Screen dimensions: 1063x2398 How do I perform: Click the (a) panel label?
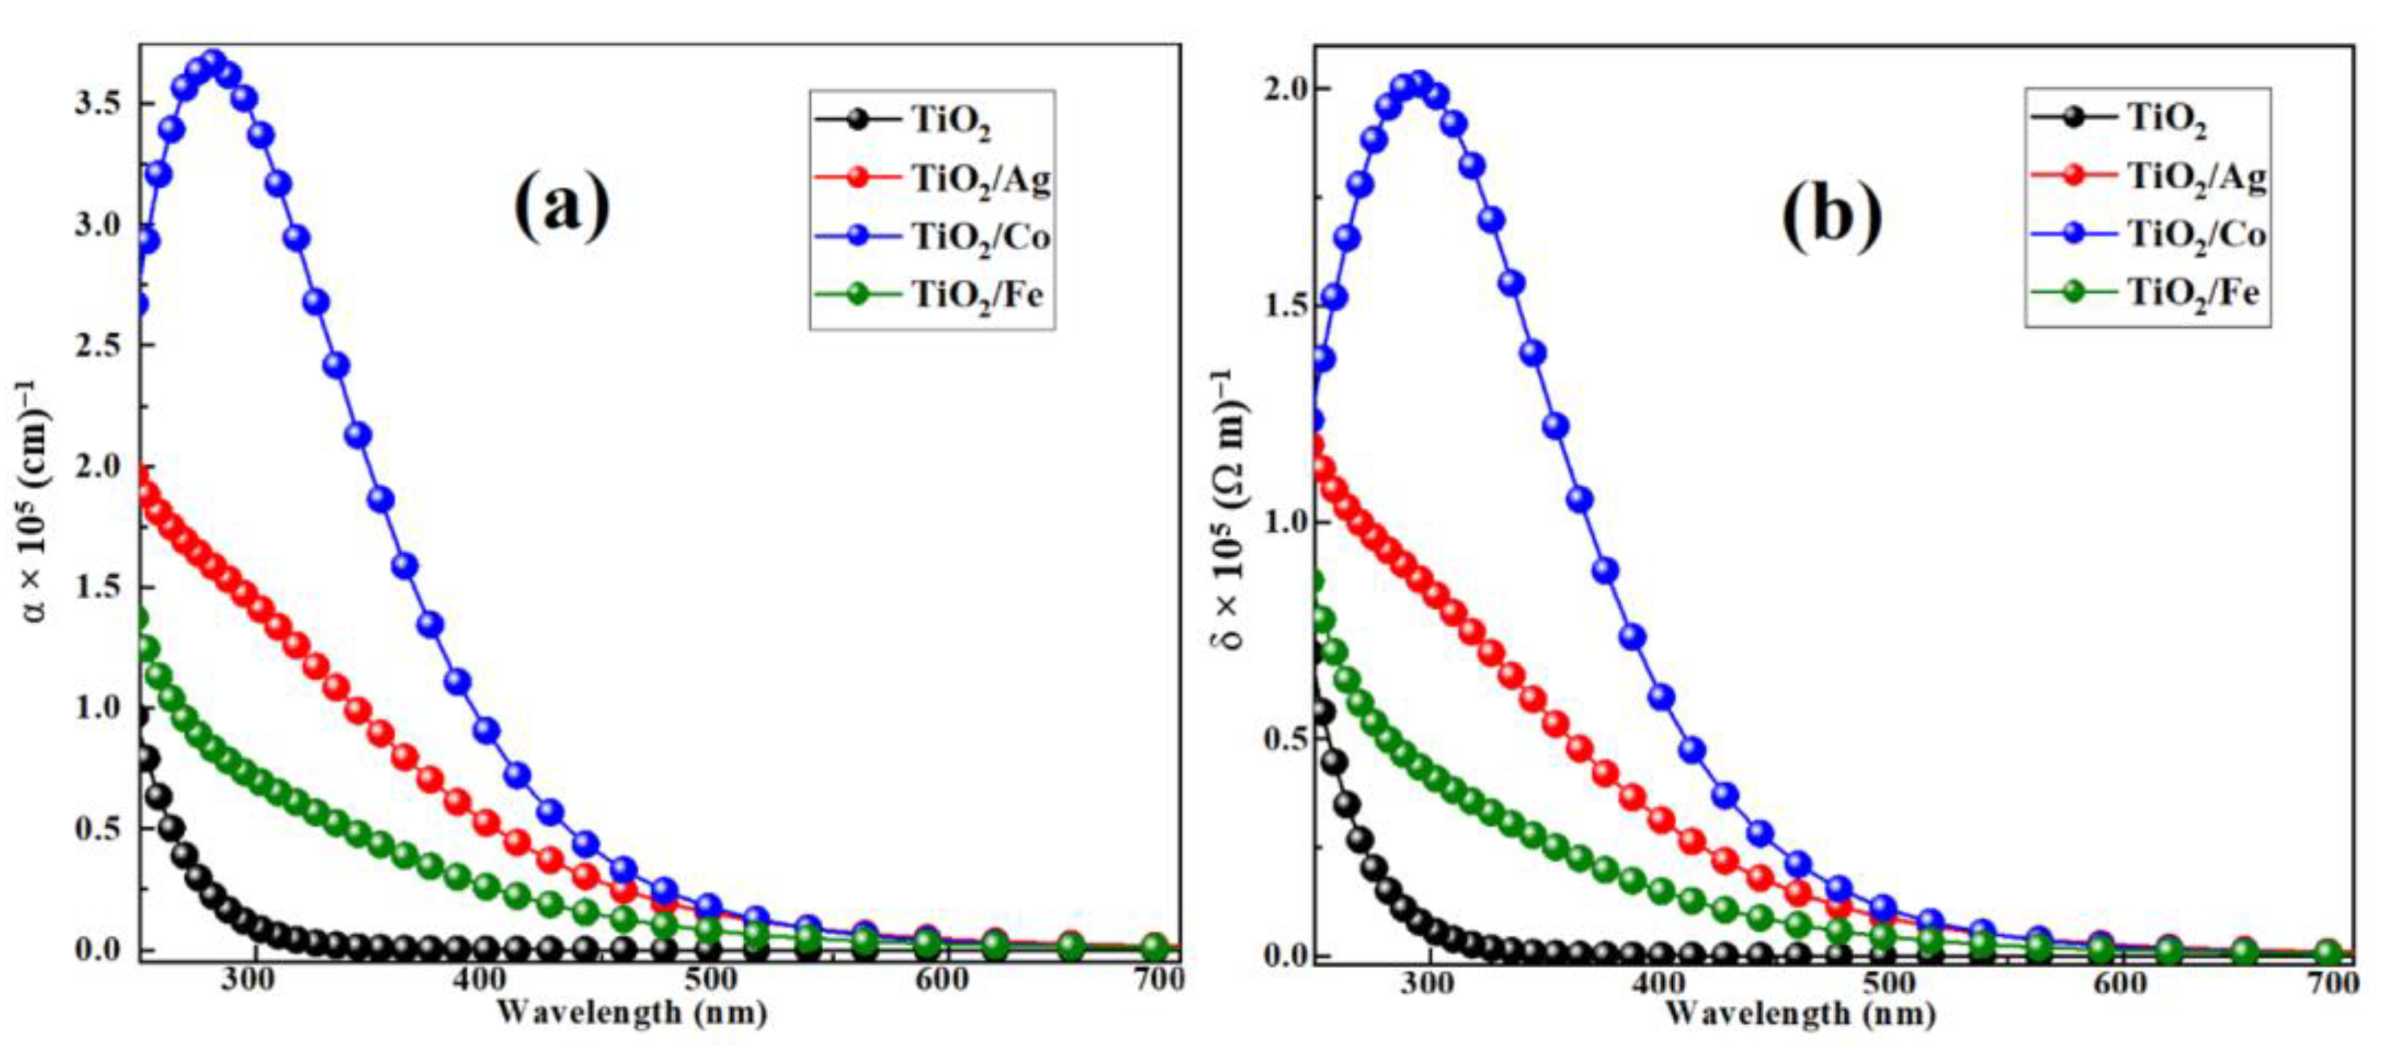pyautogui.click(x=562, y=207)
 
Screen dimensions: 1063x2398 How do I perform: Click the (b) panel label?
pyautogui.click(x=1831, y=216)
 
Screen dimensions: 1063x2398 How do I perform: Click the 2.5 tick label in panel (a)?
pyautogui.click(x=99, y=346)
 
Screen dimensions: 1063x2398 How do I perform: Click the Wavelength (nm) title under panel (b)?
pyautogui.click(x=1801, y=1013)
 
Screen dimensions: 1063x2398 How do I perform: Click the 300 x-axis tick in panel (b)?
pyautogui.click(x=1427, y=983)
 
